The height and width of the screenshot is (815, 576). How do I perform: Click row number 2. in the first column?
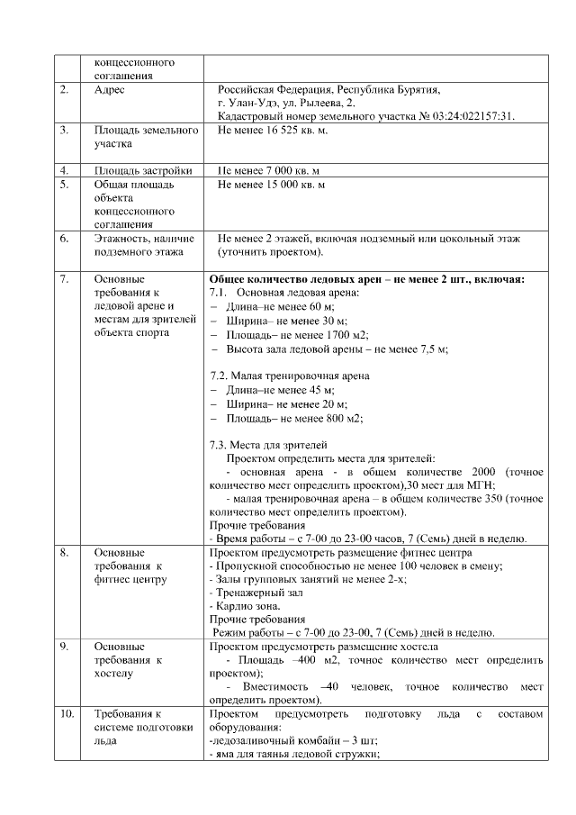64,90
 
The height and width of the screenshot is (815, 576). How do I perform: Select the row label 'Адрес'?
111,90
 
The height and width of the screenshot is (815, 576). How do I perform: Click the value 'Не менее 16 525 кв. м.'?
273,131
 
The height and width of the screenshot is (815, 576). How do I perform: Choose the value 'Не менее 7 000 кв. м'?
271,170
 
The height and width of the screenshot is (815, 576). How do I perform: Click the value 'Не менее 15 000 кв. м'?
271,185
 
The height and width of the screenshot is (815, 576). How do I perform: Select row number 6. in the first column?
64,239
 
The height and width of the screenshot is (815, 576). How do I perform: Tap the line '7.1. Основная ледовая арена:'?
283,293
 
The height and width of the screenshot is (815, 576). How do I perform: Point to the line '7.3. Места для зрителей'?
268,445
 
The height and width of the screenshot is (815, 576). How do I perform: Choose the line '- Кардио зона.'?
244,606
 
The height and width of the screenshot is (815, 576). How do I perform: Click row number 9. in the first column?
64,647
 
